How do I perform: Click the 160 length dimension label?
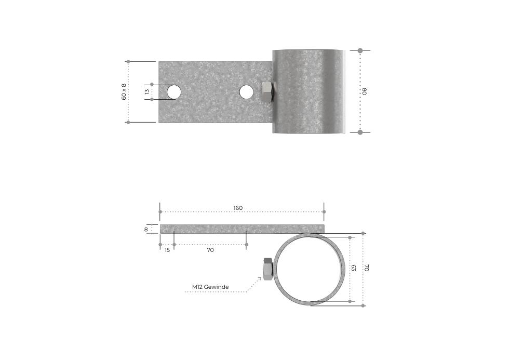[x=238, y=208]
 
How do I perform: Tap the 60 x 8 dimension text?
[x=124, y=91]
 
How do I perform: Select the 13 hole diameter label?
[x=147, y=92]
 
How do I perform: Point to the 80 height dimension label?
[x=364, y=91]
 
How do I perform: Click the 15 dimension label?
[x=167, y=250]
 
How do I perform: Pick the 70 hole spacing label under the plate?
[x=210, y=250]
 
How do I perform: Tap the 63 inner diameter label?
[x=354, y=268]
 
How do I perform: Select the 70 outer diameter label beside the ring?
[x=367, y=268]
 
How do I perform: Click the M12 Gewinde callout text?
[x=210, y=287]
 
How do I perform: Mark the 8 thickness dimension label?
[x=146, y=229]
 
